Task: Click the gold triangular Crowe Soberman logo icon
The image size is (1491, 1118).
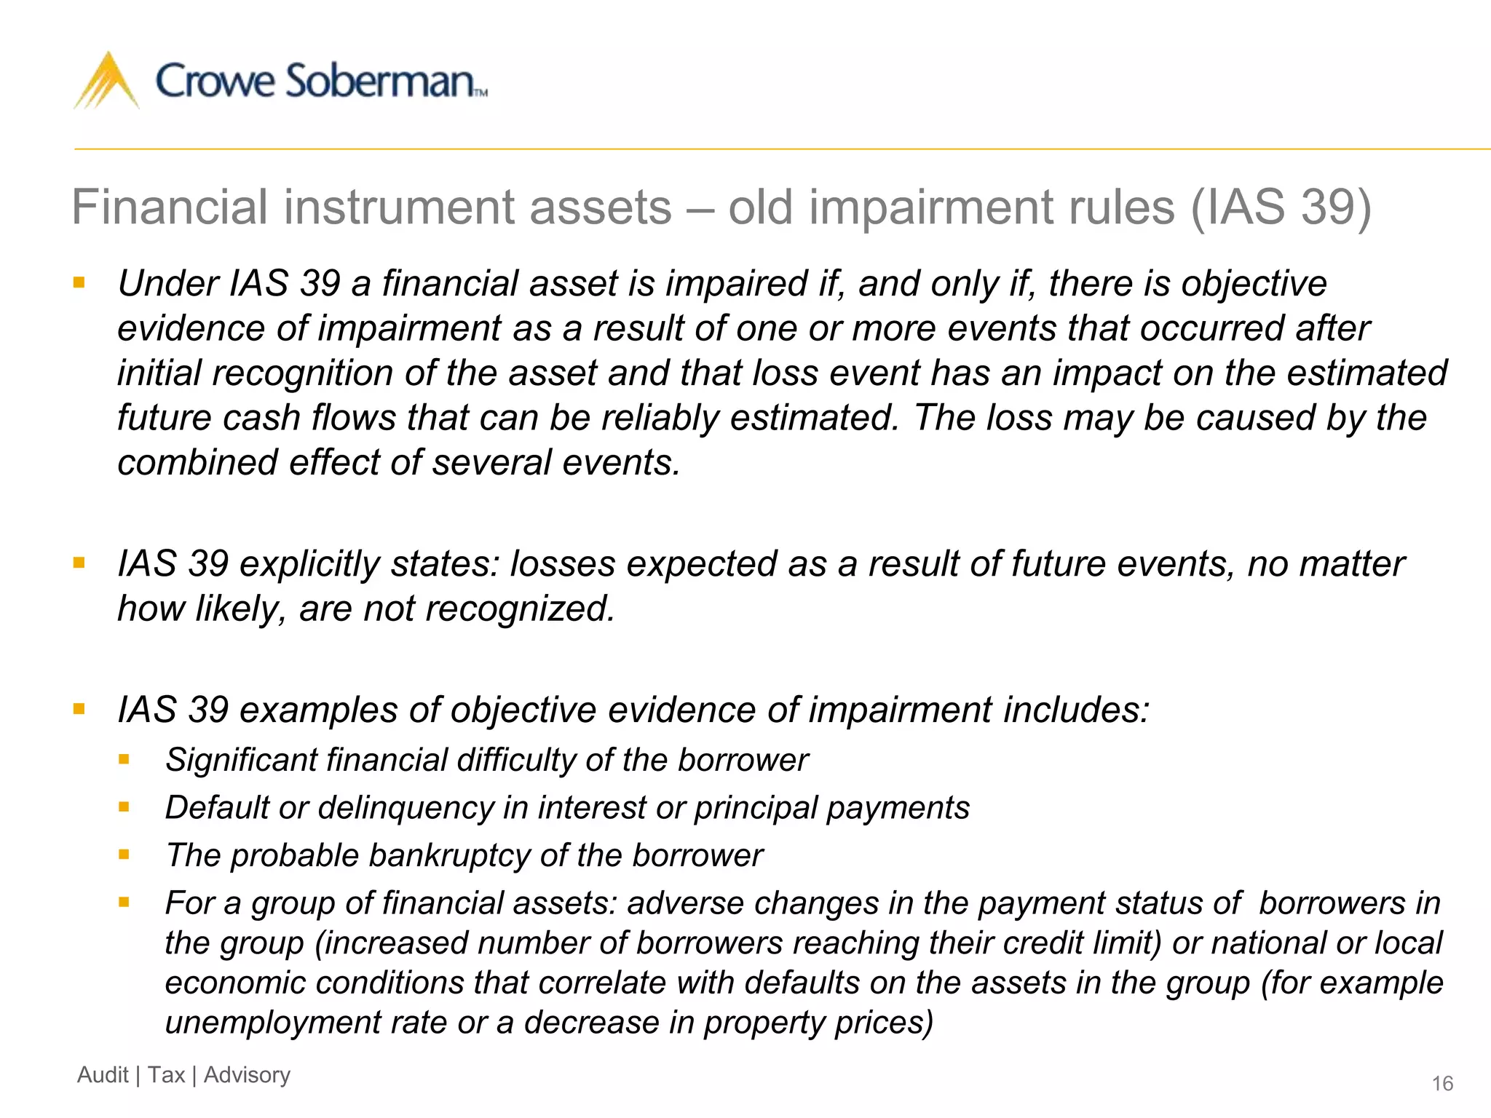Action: pos(106,82)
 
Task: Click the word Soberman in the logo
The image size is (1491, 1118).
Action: pos(379,81)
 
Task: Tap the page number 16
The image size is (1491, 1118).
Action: pos(1442,1084)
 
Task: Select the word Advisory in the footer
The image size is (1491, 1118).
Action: pos(247,1075)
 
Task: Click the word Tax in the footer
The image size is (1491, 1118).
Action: pos(166,1075)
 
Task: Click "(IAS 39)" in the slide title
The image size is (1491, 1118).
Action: pos(1281,207)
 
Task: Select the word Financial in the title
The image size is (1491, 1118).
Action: pos(170,207)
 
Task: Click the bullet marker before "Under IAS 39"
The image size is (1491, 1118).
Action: pos(79,282)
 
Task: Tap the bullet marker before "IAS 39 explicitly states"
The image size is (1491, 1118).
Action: pos(79,563)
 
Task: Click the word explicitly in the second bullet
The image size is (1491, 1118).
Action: pos(309,565)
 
